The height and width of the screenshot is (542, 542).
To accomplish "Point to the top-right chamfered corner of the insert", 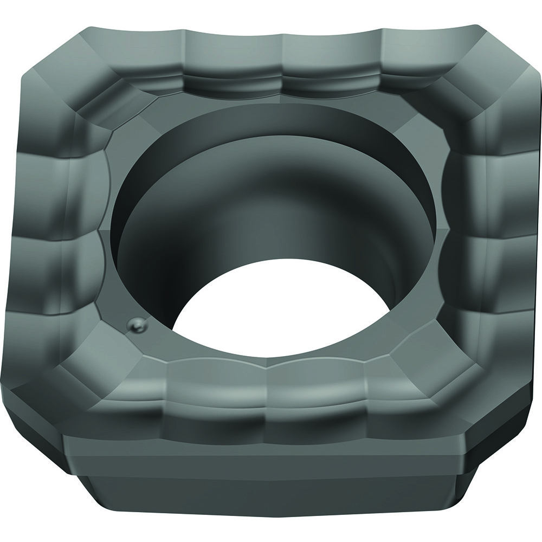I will [482, 70].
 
